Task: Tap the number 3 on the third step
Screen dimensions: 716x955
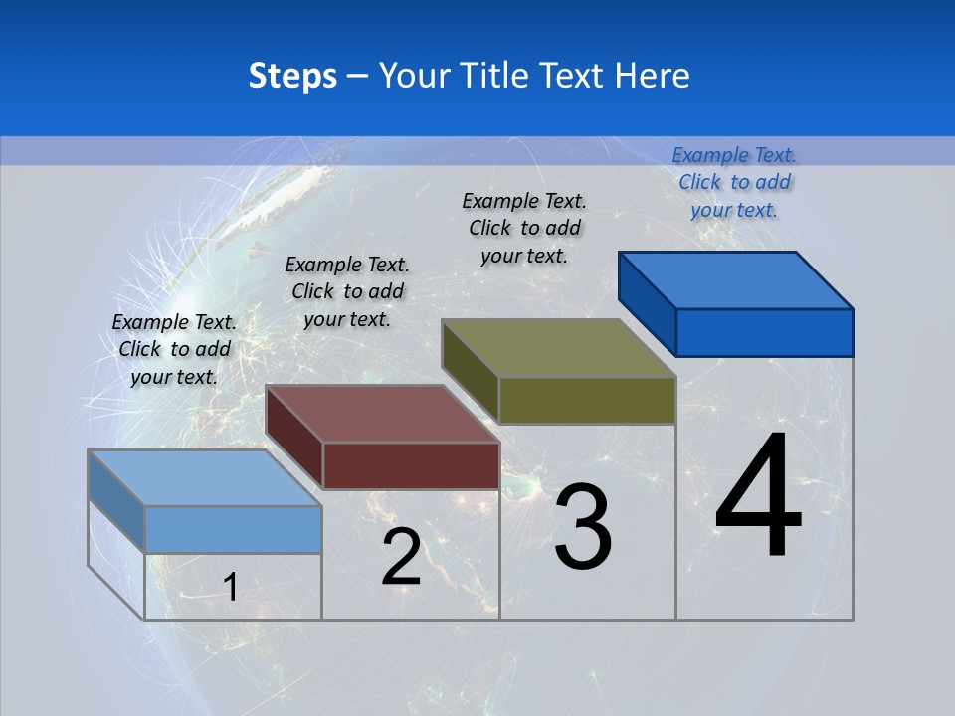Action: pos(583,527)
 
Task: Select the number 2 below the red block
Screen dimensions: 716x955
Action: pos(401,557)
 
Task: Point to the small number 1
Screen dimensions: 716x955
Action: pos(230,588)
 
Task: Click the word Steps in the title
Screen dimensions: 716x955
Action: pos(292,76)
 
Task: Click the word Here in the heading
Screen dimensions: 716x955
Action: pos(653,76)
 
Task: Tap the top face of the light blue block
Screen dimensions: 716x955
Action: pos(204,477)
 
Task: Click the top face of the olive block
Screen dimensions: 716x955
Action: pos(558,348)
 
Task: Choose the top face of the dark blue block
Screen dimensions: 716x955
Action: pos(735,280)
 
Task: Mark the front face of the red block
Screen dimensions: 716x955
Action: pos(411,465)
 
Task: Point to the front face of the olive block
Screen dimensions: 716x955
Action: pos(587,400)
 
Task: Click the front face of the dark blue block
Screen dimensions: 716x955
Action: pos(764,332)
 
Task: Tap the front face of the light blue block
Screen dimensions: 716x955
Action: pos(233,529)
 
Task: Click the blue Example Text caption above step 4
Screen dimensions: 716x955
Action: pos(734,182)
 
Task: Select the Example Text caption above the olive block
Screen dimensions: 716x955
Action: pos(524,228)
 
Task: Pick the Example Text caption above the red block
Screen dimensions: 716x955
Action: pos(347,291)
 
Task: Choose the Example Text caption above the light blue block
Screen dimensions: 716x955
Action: pos(174,349)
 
